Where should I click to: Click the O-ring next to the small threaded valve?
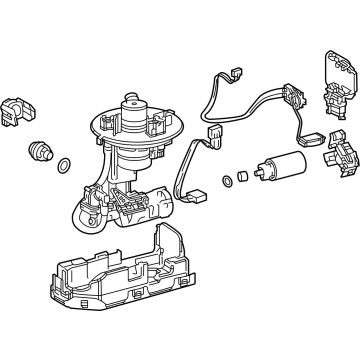(63, 165)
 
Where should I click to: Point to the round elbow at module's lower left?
(79, 213)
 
